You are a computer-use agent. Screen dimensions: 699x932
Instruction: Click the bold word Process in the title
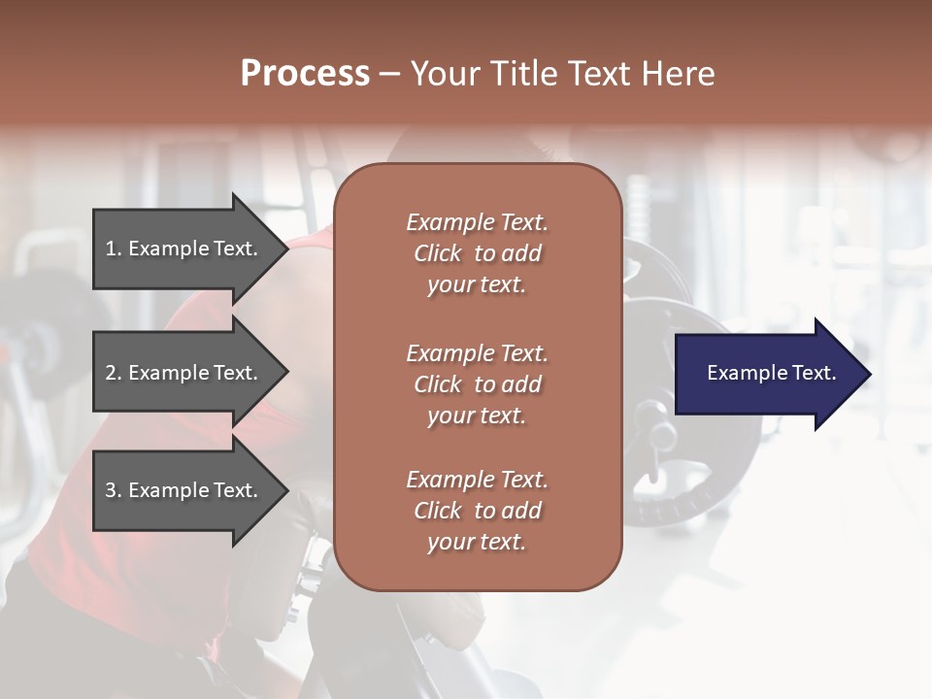point(305,74)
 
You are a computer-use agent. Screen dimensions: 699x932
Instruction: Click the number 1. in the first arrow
point(114,249)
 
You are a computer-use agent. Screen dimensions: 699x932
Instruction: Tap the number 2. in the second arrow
point(114,373)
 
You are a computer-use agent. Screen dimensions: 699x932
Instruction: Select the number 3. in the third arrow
point(114,490)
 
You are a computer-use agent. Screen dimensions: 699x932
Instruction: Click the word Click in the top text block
point(437,253)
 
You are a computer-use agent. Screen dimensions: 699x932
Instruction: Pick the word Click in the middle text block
point(437,384)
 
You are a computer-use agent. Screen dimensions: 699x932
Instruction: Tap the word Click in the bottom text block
point(437,511)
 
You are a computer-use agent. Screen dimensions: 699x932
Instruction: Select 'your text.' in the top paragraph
point(476,285)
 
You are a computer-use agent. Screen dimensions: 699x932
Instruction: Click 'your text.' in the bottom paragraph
point(476,543)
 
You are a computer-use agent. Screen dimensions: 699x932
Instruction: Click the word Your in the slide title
point(447,74)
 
